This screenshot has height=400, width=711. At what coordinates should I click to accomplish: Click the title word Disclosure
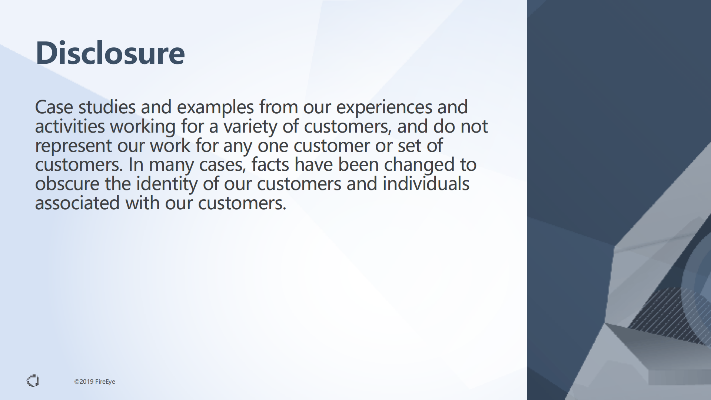point(110,53)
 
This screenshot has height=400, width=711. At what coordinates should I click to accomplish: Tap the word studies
point(107,107)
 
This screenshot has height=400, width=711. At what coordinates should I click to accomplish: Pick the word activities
point(70,126)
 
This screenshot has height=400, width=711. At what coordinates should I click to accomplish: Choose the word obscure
point(67,184)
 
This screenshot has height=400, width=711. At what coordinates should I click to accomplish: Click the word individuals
point(426,184)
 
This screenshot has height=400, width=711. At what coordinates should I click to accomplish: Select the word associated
point(77,203)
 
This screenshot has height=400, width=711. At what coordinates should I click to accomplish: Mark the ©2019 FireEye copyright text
point(95,381)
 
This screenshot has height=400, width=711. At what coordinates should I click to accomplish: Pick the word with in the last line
point(142,203)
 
